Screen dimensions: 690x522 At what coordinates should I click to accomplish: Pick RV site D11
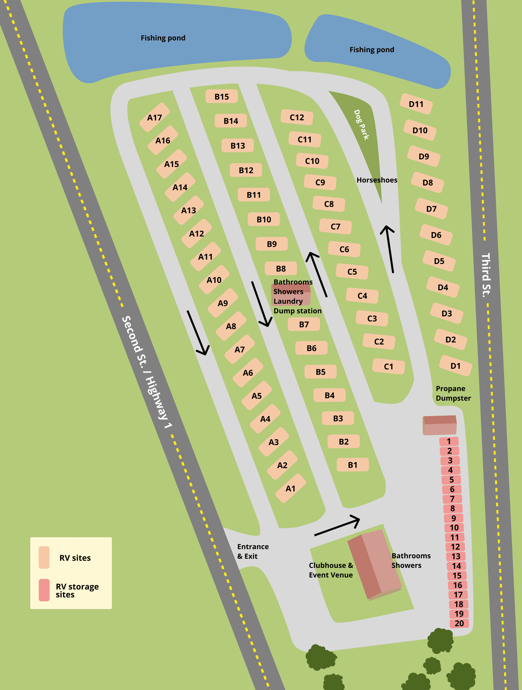click(416, 104)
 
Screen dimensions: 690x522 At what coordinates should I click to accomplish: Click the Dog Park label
click(361, 125)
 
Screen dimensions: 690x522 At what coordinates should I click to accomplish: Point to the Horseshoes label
click(377, 180)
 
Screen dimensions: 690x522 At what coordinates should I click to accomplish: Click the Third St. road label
click(486, 275)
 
